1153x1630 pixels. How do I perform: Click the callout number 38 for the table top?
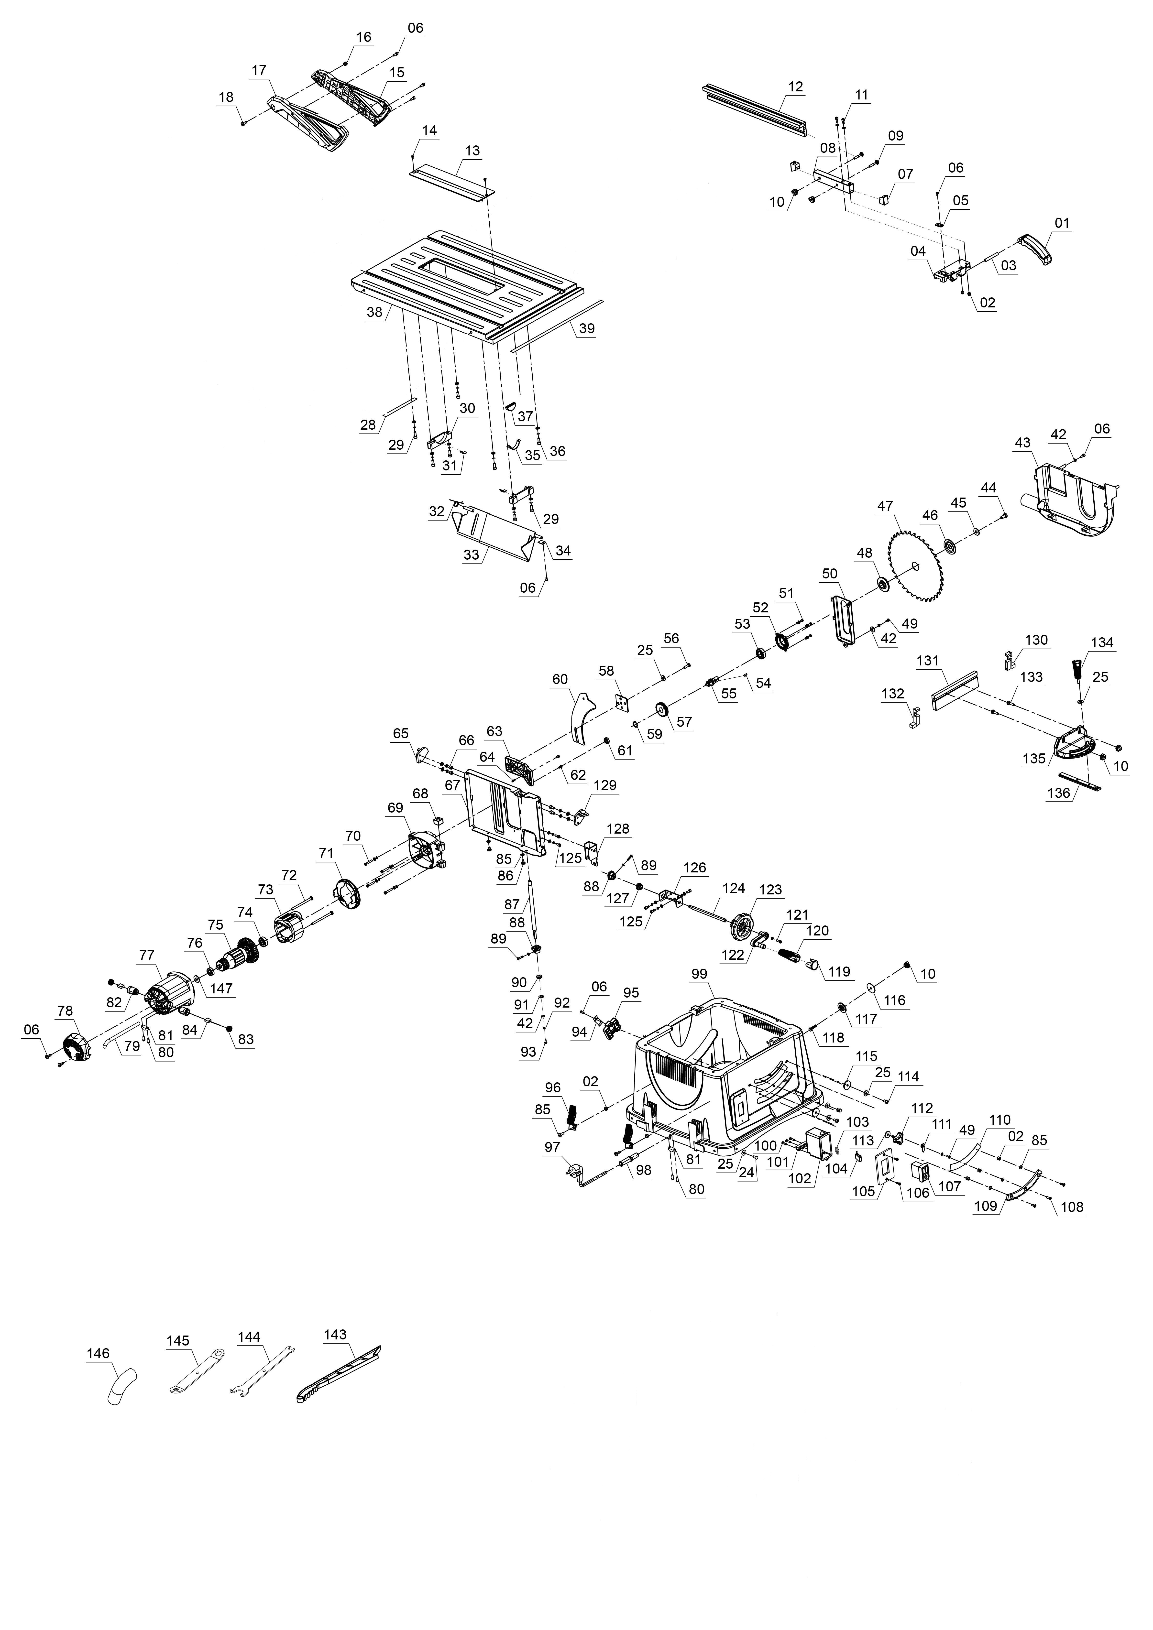tap(374, 312)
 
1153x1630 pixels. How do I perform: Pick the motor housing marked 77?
tap(169, 987)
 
